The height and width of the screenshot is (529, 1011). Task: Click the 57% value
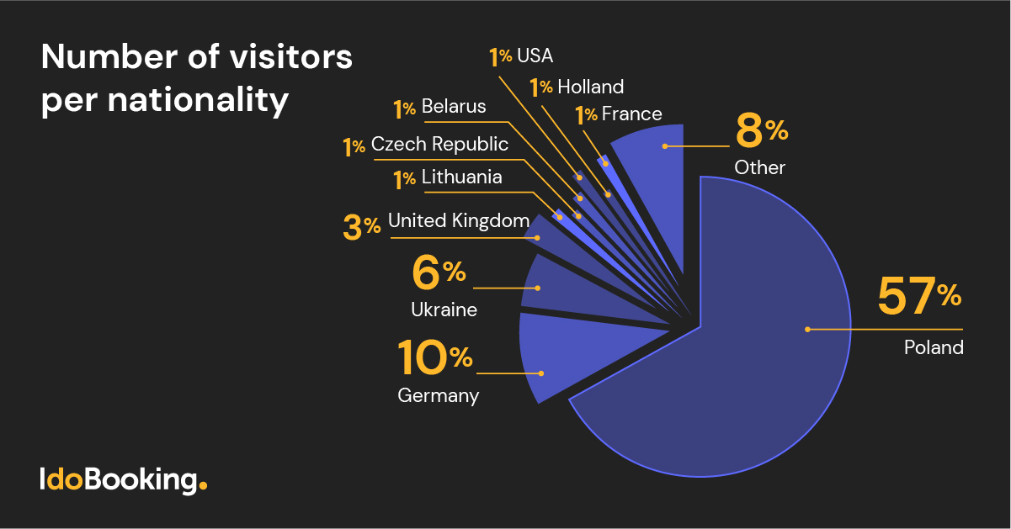pyautogui.click(x=918, y=296)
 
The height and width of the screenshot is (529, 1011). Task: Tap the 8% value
pyautogui.click(x=760, y=132)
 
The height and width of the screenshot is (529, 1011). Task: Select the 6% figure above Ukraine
pyautogui.click(x=439, y=272)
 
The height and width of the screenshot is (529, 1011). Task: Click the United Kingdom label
pyautogui.click(x=459, y=221)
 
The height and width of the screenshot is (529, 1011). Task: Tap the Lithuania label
pyautogui.click(x=461, y=177)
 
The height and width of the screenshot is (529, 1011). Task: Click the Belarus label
pyautogui.click(x=454, y=107)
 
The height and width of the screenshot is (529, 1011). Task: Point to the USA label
pyautogui.click(x=535, y=56)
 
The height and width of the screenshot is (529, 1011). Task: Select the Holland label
pyautogui.click(x=590, y=87)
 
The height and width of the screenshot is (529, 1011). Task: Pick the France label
pyautogui.click(x=631, y=114)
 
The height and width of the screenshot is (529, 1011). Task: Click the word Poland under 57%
pyautogui.click(x=934, y=346)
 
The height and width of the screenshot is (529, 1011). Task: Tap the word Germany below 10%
pyautogui.click(x=438, y=395)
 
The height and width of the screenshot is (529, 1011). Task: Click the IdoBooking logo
pyautogui.click(x=123, y=480)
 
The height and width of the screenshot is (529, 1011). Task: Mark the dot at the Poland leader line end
pyautogui.click(x=806, y=329)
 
